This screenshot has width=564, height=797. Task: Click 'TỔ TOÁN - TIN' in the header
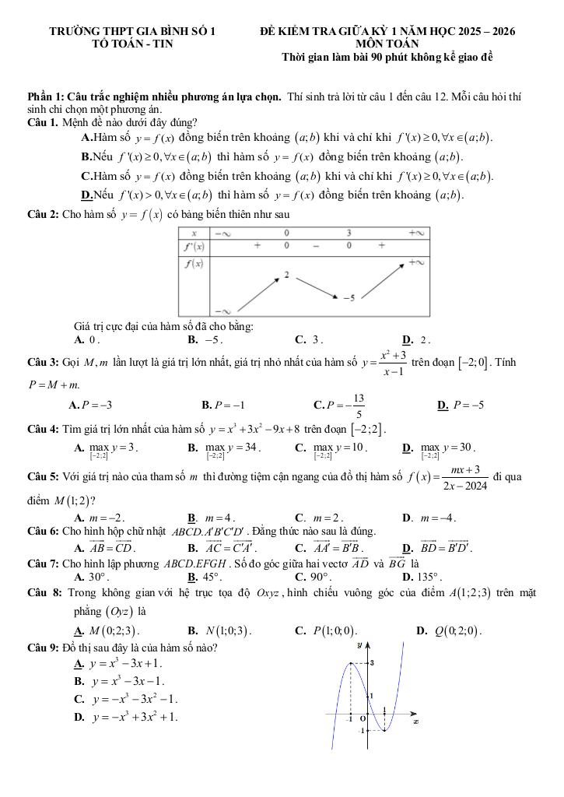pyautogui.click(x=132, y=44)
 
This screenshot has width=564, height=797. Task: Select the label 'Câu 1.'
pyautogui.click(x=43, y=122)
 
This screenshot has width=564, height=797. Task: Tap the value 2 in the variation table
pyautogui.click(x=286, y=275)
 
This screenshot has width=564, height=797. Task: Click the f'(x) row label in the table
pyautogui.click(x=193, y=246)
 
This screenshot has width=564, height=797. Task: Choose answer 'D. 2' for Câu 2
pyautogui.click(x=416, y=339)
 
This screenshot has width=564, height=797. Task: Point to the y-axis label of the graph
pyautogui.click(x=359, y=644)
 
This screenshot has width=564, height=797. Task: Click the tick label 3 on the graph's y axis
pyautogui.click(x=373, y=662)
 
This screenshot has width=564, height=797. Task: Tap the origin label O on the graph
pyautogui.click(x=363, y=718)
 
